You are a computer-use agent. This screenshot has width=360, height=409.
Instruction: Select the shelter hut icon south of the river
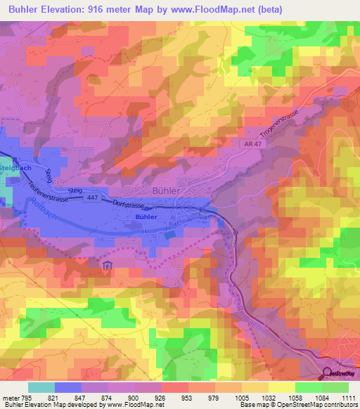click(x=107, y=266)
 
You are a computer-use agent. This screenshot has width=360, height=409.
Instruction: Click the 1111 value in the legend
click(x=349, y=397)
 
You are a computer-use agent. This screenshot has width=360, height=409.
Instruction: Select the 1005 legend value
click(x=241, y=397)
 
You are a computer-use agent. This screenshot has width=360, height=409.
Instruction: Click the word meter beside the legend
click(x=11, y=397)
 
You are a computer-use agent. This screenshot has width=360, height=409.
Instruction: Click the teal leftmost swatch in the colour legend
click(x=41, y=387)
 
